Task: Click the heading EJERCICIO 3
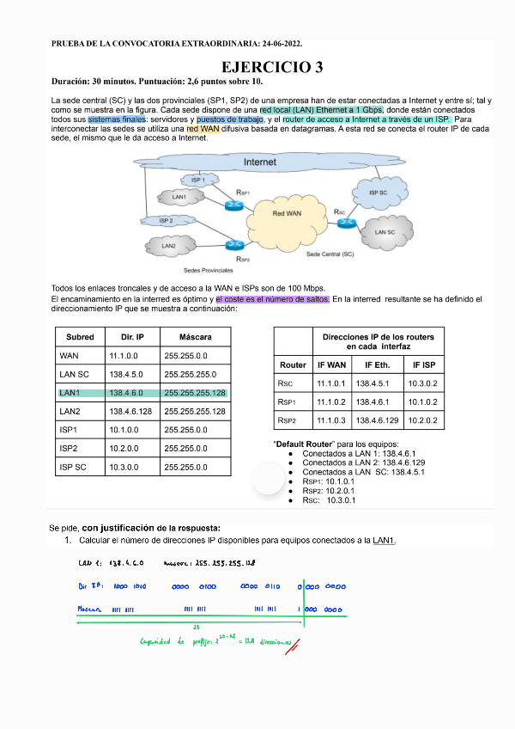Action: tap(273, 67)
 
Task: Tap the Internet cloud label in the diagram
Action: tap(259, 162)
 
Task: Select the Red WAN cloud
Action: tap(287, 212)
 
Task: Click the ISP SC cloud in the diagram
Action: tap(379, 193)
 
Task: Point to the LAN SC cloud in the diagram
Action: tap(385, 232)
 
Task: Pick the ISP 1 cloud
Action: tap(198, 179)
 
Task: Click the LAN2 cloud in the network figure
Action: tap(170, 247)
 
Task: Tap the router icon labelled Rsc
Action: tap(347, 223)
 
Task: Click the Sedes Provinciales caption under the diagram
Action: tap(203, 268)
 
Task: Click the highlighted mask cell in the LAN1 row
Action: tap(195, 393)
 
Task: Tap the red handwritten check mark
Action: tap(295, 642)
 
